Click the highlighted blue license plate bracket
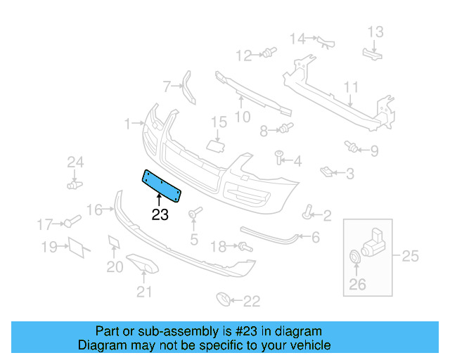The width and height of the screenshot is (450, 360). point(162,184)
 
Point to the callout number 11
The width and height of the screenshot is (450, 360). point(351,87)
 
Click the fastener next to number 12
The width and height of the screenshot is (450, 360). point(268,53)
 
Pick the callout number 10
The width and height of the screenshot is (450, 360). point(242,117)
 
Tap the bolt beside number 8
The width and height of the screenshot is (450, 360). point(285,128)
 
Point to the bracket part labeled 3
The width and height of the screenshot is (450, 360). point(327,170)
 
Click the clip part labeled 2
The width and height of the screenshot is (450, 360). point(308,212)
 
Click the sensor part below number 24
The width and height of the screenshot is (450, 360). point(73,185)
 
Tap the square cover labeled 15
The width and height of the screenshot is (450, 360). point(214,146)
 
